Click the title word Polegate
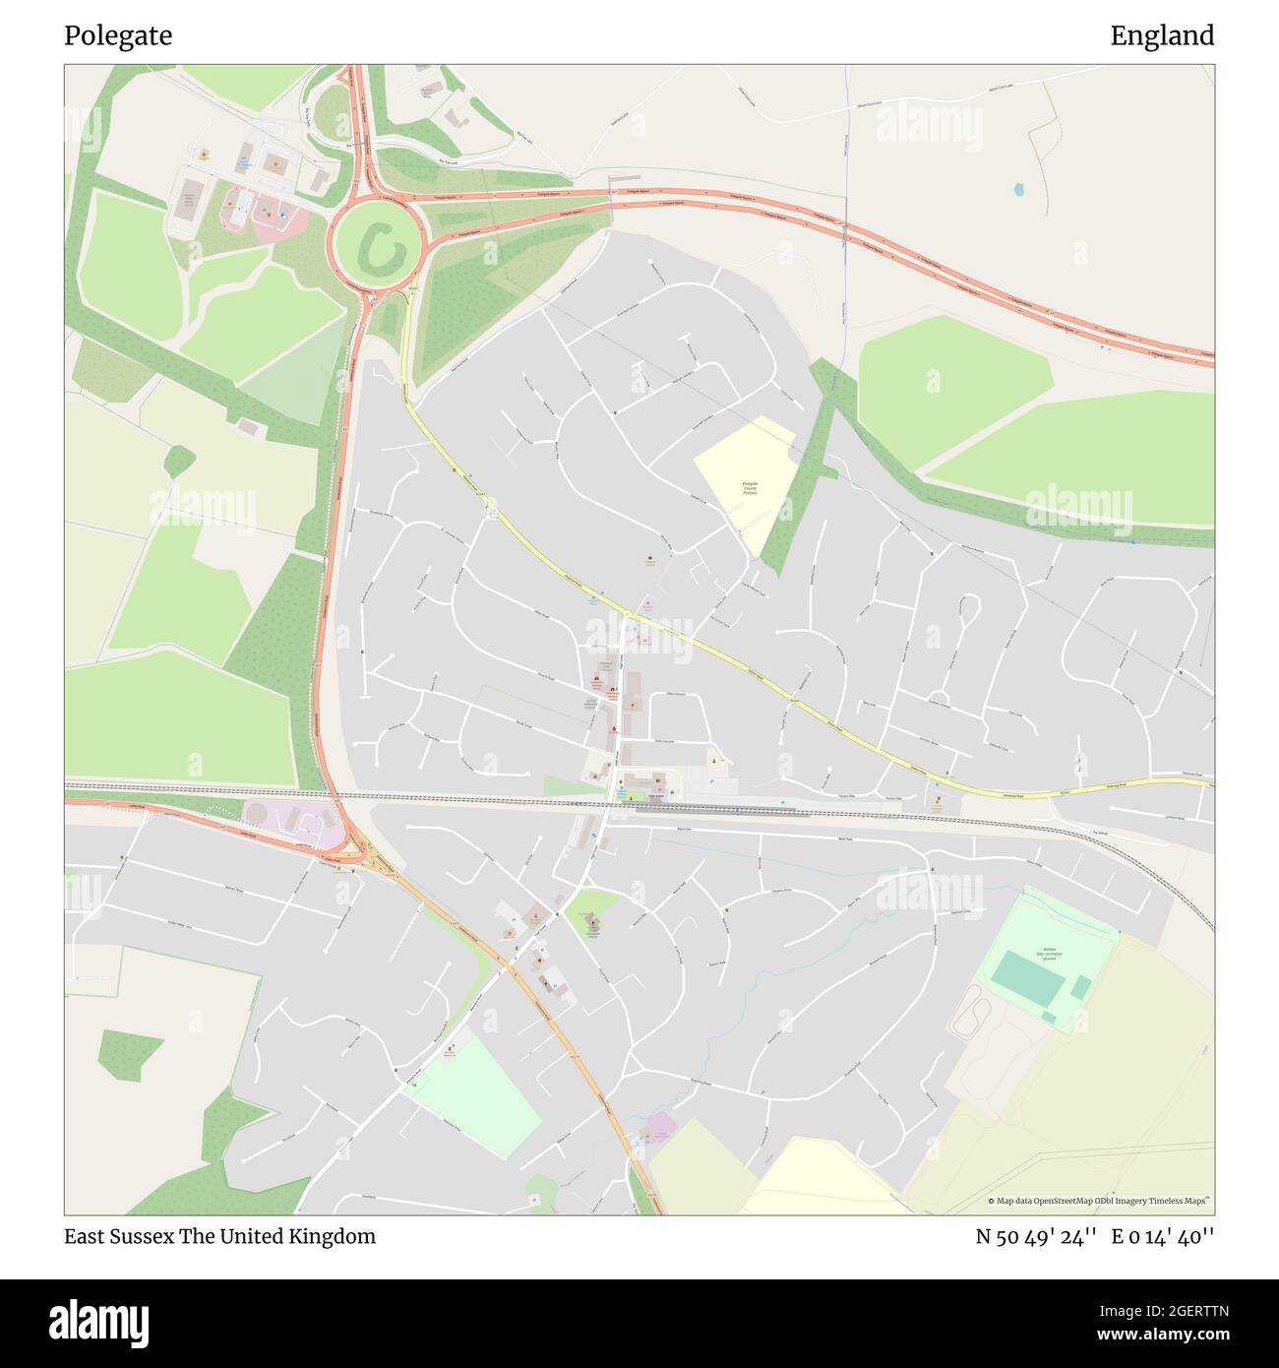coord(118,36)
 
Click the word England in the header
coord(1162,36)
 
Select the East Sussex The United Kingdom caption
coord(219,1236)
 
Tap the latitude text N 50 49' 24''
coord(1036,1236)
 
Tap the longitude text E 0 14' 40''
coord(1163,1236)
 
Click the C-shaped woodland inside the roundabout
coord(377,247)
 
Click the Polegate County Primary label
coord(751,488)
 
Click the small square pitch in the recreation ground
coord(1080,987)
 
